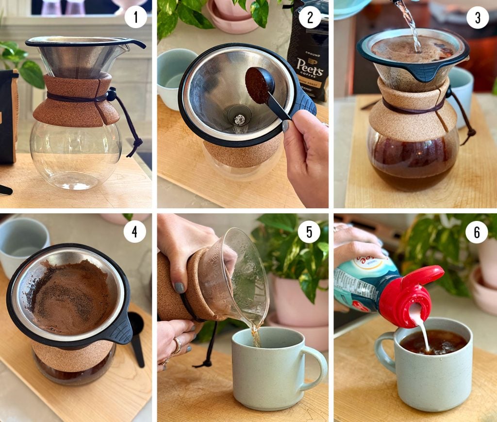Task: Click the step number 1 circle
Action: [135, 18]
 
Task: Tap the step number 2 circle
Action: [310, 18]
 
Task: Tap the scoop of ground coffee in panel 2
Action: [258, 84]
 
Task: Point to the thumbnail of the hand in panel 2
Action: [285, 126]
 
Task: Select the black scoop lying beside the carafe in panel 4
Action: [137, 339]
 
